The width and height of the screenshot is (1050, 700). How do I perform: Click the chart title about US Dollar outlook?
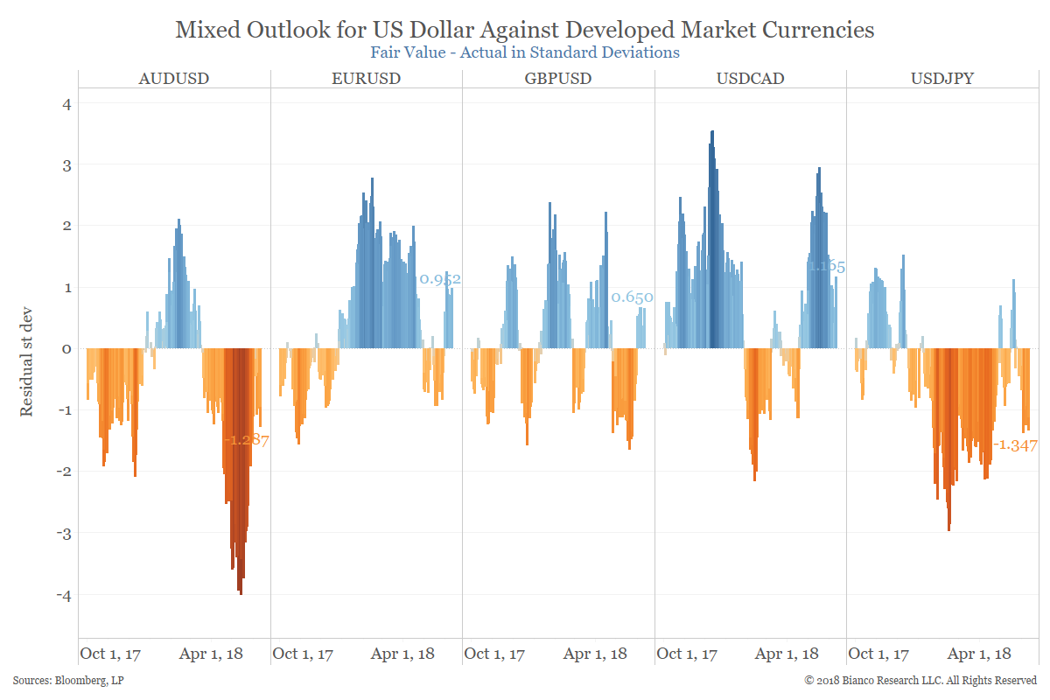pyautogui.click(x=525, y=30)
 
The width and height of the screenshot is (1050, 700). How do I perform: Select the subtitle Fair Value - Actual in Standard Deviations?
pyautogui.click(x=525, y=52)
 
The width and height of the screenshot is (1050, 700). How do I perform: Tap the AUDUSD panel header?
pyautogui.click(x=174, y=79)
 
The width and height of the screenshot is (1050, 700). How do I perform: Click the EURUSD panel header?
pyautogui.click(x=366, y=79)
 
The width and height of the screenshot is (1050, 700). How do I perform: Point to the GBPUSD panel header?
pyautogui.click(x=558, y=79)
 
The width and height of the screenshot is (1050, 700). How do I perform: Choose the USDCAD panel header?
pyautogui.click(x=750, y=79)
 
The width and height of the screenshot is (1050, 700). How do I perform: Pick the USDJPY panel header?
pyautogui.click(x=941, y=79)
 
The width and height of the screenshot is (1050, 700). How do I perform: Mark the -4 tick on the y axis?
pyautogui.click(x=64, y=595)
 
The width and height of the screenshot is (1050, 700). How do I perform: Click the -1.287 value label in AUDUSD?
pyautogui.click(x=247, y=441)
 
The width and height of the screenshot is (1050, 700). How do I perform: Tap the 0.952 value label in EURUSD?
pyautogui.click(x=440, y=280)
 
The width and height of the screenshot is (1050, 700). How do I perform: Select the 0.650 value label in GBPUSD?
pyautogui.click(x=632, y=297)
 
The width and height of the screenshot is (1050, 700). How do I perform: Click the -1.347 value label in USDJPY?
pyautogui.click(x=1015, y=445)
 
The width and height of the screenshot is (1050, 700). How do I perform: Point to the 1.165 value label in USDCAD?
pyautogui.click(x=826, y=266)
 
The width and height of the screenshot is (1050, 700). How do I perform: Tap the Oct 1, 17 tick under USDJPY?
pyautogui.click(x=878, y=654)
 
